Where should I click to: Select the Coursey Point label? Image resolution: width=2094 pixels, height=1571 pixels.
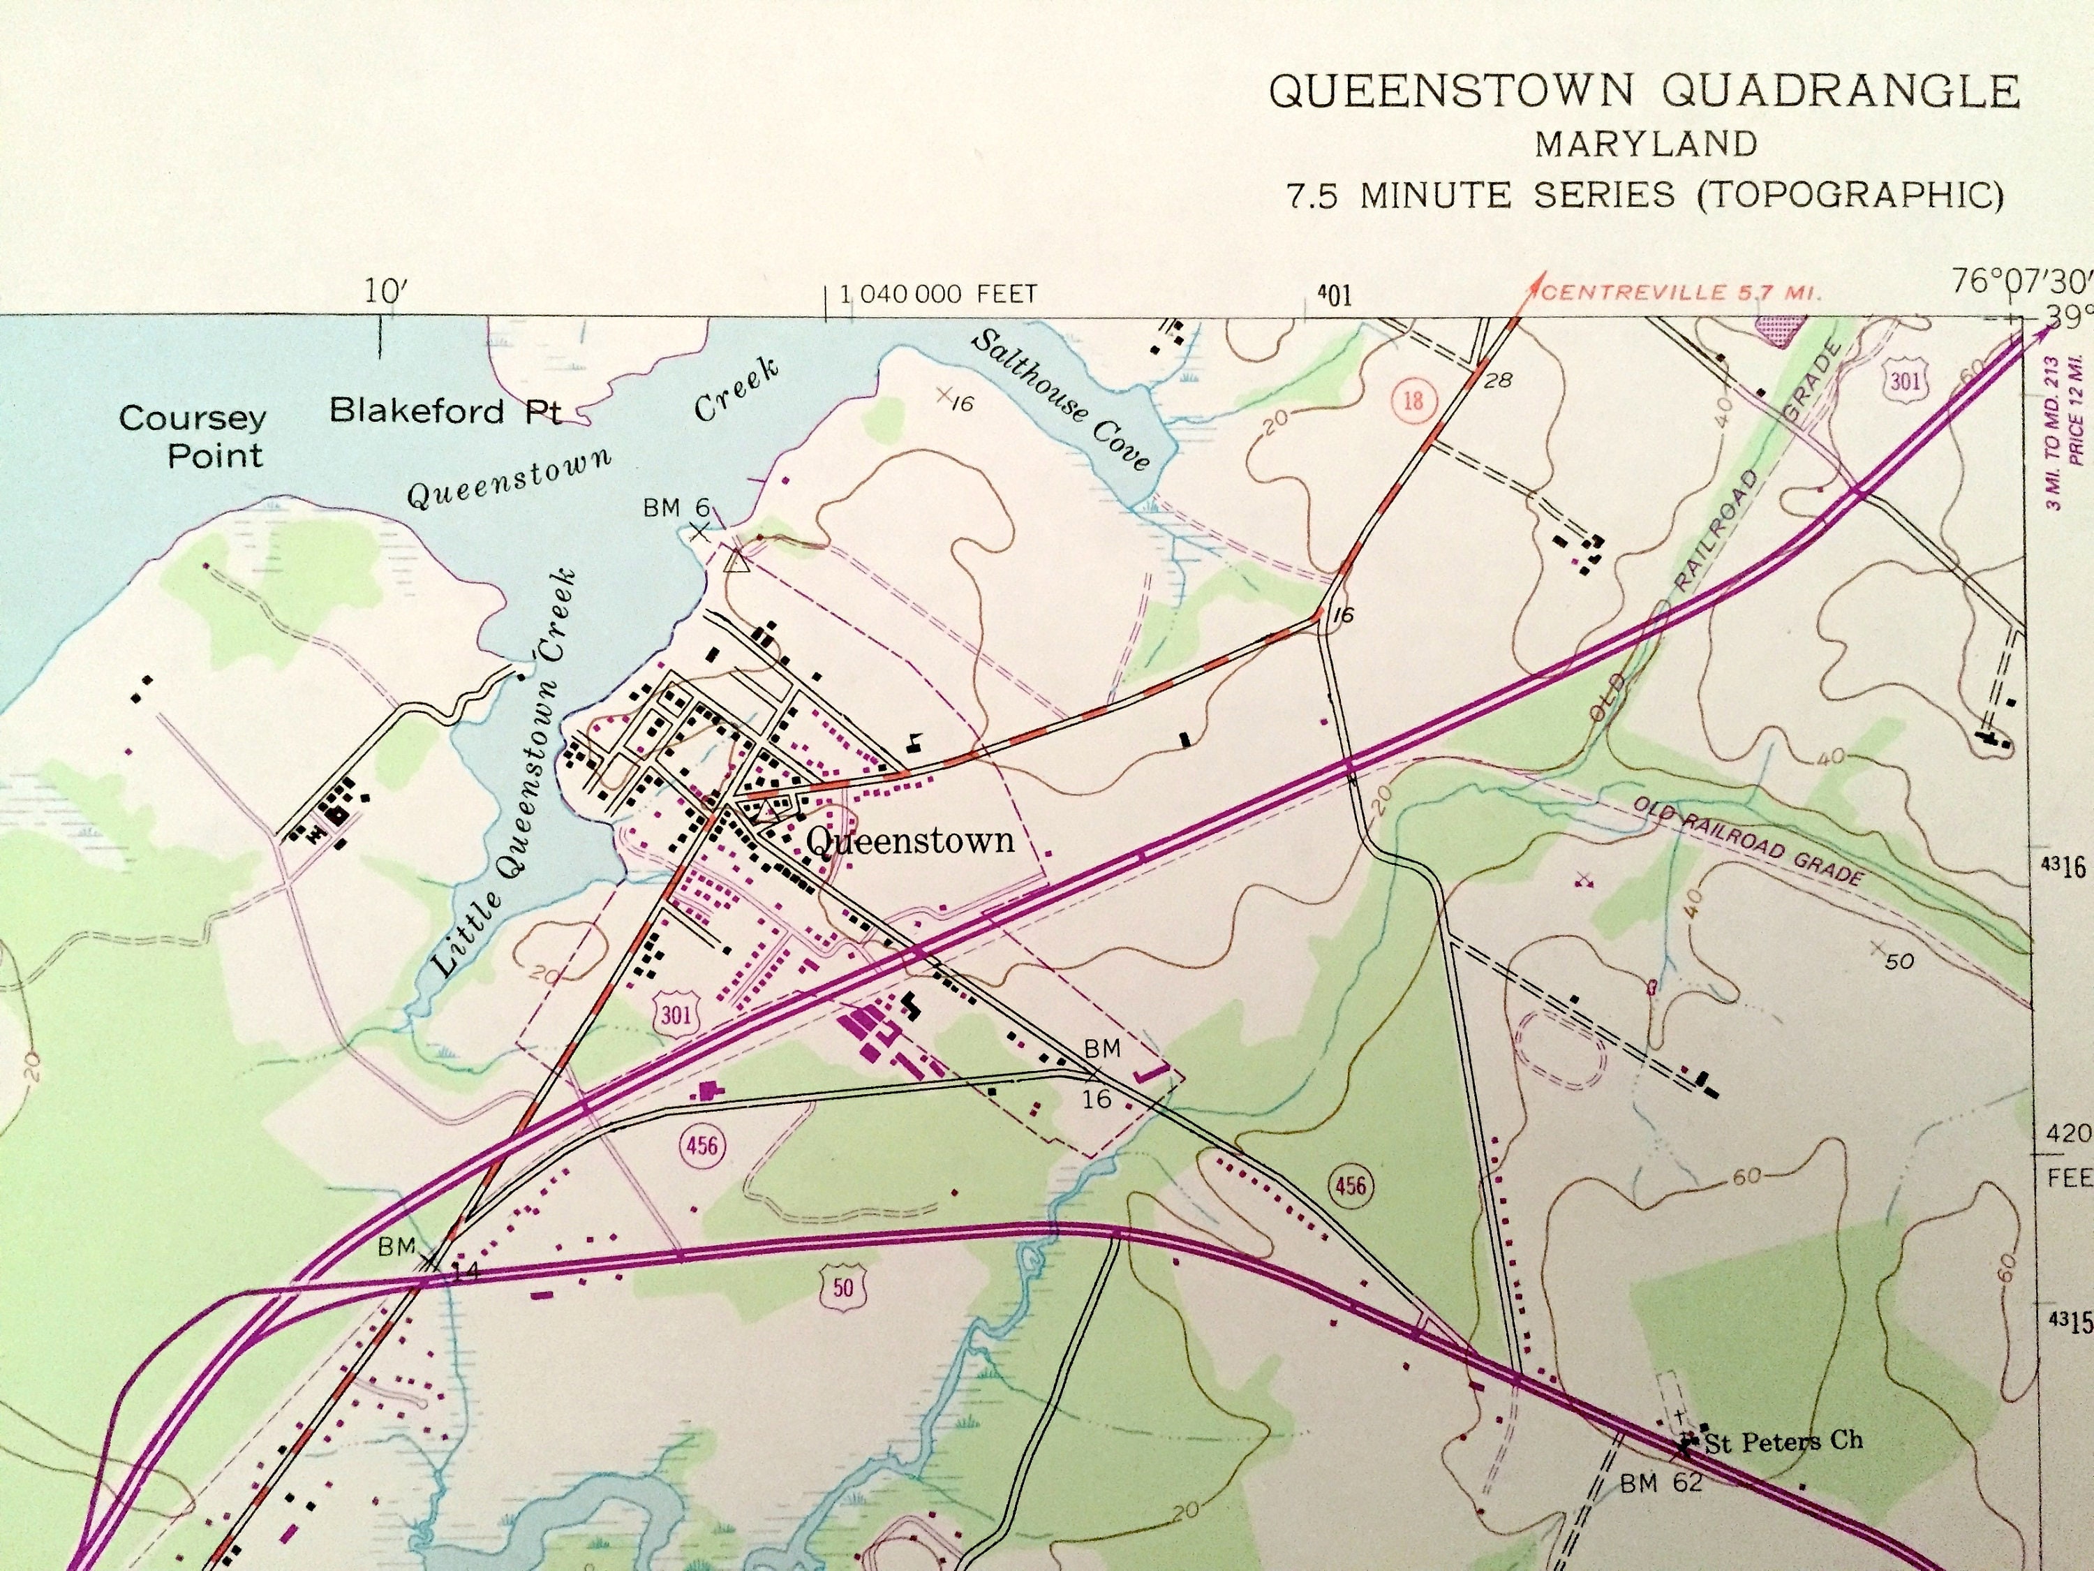coord(193,436)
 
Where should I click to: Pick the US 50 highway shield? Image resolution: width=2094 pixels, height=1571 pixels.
coord(842,1287)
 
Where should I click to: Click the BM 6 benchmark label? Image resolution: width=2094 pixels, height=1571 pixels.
coord(676,508)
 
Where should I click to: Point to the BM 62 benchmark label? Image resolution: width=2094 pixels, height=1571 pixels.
coord(1661,1483)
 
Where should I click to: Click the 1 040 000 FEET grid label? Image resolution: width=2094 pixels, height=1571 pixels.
coord(938,295)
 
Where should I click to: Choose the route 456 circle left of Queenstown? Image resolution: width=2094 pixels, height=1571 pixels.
coord(701,1146)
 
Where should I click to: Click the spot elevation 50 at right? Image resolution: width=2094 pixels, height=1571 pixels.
coord(1898,961)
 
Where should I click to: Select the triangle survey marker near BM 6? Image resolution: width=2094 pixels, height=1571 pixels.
coord(736,563)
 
